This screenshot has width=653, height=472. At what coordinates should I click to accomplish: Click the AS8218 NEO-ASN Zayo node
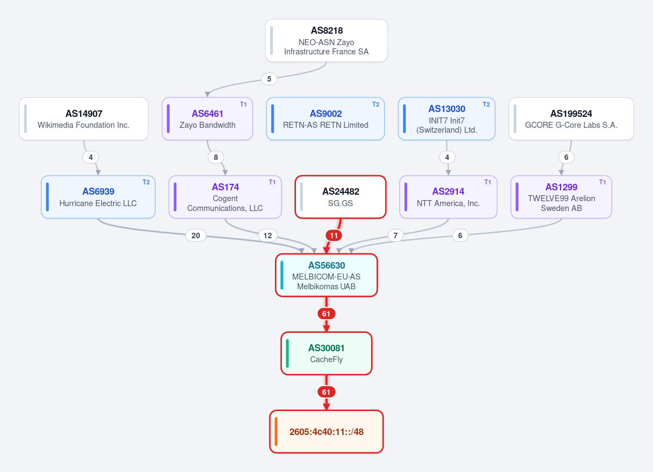pos(326,40)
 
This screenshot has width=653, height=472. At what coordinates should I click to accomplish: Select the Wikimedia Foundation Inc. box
pos(84,119)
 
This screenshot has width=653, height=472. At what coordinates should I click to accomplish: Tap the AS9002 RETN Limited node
pos(325,119)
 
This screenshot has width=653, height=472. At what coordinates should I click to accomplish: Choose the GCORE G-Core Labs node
pos(571,119)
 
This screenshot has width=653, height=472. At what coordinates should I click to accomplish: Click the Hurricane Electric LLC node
pos(98,197)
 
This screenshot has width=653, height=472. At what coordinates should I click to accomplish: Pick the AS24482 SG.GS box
pos(341,197)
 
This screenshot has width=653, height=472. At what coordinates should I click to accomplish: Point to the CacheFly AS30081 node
pos(326,353)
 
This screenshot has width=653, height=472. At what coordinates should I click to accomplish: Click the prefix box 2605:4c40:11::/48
pos(326,432)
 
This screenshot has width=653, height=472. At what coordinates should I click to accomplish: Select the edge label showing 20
pos(195,235)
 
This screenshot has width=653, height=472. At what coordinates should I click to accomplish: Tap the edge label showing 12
pos(268,235)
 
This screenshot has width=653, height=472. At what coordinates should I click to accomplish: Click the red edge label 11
pos(334,235)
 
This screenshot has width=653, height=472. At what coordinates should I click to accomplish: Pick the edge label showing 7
pos(396,235)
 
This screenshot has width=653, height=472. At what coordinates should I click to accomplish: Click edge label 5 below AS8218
pos(269,79)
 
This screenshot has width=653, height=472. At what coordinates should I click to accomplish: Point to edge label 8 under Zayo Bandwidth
pos(215,157)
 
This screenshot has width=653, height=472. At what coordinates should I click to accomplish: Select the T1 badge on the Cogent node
pos(272,182)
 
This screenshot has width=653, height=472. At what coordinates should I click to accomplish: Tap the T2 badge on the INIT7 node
pos(486,104)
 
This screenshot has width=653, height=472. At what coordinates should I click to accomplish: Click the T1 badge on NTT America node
pos(488,182)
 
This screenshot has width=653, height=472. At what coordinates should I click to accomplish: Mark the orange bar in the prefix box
pos(276,432)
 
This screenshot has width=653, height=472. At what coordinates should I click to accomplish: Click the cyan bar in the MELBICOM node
pos(282,275)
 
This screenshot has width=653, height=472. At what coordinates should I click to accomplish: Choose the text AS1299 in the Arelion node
pos(561,187)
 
